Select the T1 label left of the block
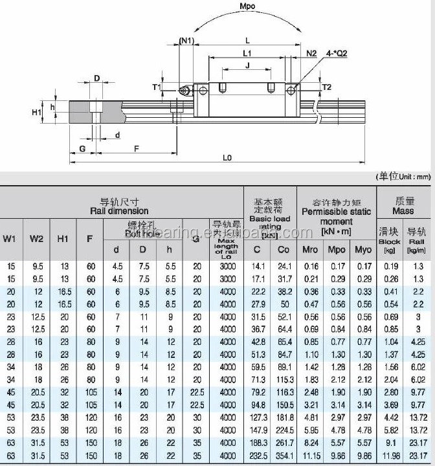click(x=156, y=86)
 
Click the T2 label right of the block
click(x=326, y=87)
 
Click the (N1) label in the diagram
click(x=186, y=41)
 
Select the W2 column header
click(x=36, y=239)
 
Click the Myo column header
click(x=364, y=250)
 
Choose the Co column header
click(x=284, y=250)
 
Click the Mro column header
click(x=311, y=250)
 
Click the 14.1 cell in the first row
click(x=258, y=265)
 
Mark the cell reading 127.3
click(x=258, y=418)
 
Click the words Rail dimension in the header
click(x=119, y=211)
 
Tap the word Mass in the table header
click(x=403, y=211)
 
